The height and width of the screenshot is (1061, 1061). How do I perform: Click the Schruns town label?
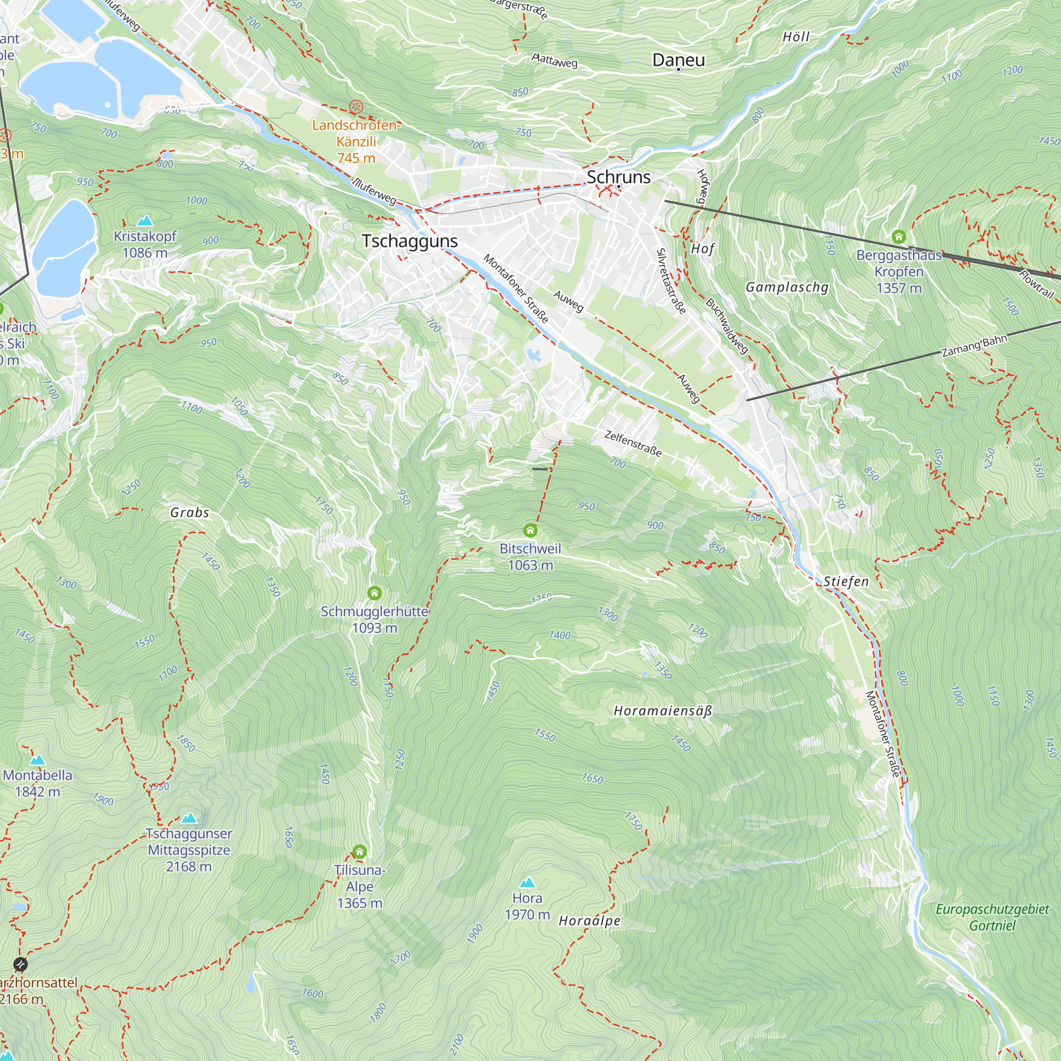tap(619, 177)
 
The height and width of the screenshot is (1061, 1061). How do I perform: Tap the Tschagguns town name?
tap(410, 241)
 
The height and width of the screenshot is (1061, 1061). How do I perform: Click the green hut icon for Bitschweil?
tap(530, 530)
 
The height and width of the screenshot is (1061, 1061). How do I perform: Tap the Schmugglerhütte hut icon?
tap(375, 593)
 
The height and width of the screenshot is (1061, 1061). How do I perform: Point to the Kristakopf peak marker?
tap(145, 221)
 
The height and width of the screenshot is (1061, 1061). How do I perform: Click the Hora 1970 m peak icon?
tap(527, 883)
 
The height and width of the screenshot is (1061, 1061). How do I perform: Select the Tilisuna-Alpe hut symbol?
tap(359, 852)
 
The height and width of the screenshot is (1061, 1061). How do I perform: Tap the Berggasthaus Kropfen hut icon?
tap(899, 237)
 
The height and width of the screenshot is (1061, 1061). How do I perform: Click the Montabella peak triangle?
tap(37, 760)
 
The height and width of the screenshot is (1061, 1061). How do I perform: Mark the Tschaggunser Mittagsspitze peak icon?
tap(189, 818)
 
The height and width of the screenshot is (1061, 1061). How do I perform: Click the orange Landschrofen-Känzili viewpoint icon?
tap(356, 107)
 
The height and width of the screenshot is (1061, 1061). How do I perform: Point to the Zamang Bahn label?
tap(974, 346)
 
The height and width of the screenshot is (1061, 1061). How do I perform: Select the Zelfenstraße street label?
tap(633, 443)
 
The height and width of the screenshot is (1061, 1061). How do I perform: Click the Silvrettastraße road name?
tap(671, 281)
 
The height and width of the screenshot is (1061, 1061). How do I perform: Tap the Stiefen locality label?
tap(846, 581)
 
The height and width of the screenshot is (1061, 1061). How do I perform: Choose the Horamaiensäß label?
tap(662, 711)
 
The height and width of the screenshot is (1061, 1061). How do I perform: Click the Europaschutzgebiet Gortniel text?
tap(992, 917)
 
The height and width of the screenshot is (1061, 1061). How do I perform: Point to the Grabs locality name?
tap(189, 512)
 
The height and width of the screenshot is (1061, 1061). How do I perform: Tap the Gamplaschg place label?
tap(786, 287)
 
